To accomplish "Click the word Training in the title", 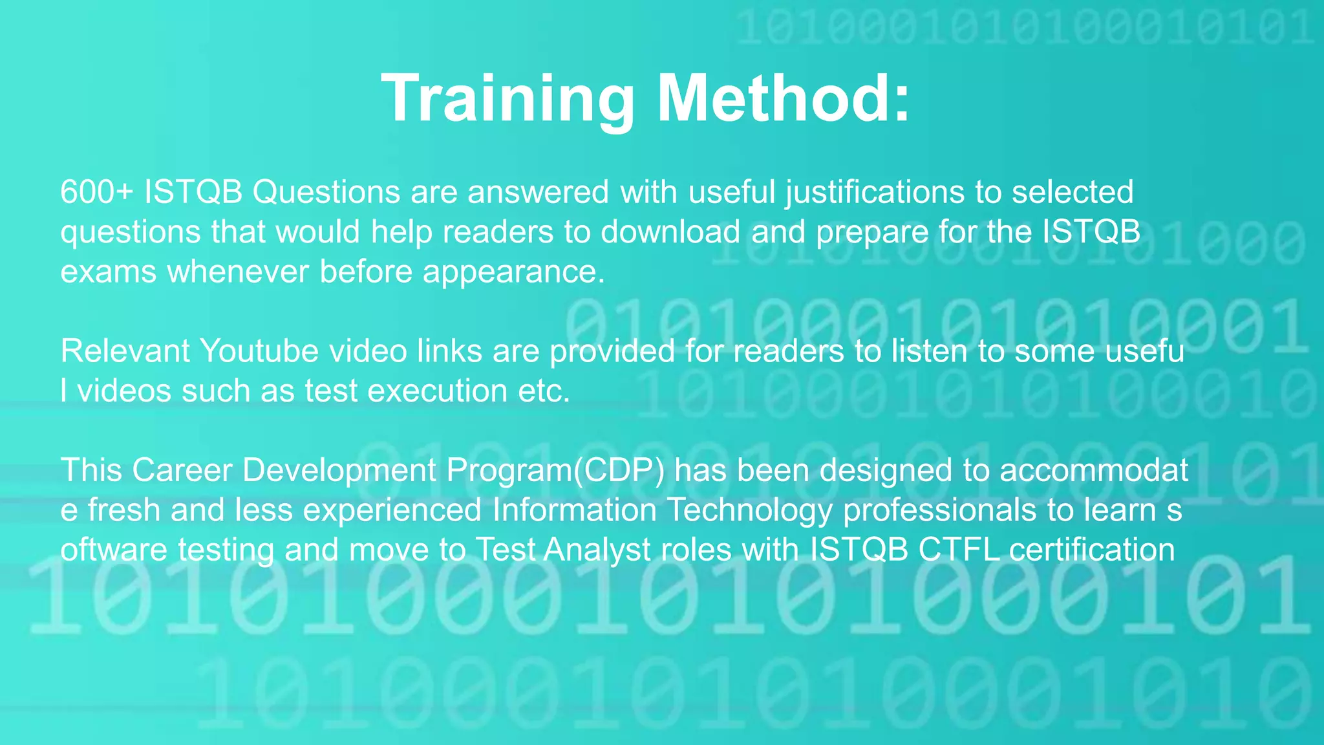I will (x=508, y=98).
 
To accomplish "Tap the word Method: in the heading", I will (x=784, y=98).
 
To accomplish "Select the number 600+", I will (x=97, y=192).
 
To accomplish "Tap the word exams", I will (x=108, y=272).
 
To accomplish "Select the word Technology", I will (x=750, y=511).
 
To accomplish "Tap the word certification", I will (x=1091, y=550).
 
